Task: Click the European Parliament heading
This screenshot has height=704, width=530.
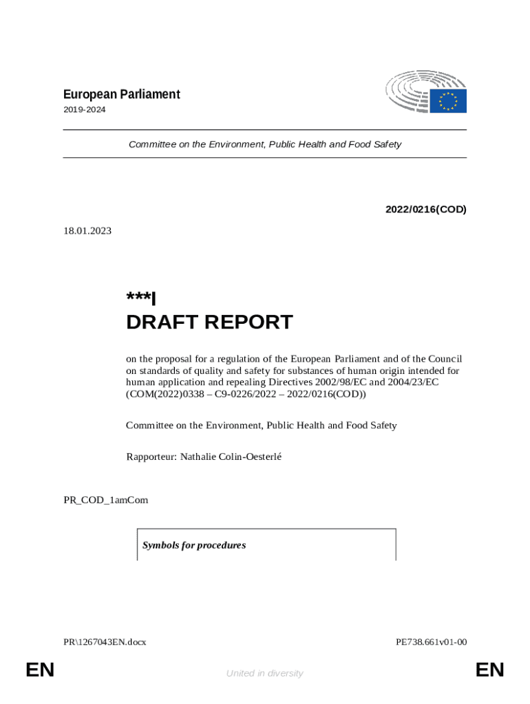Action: [x=122, y=94]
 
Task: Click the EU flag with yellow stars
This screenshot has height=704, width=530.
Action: [x=448, y=101]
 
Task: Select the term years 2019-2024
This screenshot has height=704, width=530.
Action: [x=85, y=109]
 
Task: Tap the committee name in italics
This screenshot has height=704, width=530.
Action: [x=264, y=144]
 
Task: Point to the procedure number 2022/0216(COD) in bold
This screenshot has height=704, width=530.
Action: [x=425, y=209]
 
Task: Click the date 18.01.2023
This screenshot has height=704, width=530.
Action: [x=87, y=231]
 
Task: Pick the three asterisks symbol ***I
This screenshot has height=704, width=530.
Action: [x=141, y=298]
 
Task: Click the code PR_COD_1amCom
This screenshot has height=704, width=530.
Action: [x=105, y=500]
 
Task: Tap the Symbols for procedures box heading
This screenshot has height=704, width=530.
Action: [x=194, y=545]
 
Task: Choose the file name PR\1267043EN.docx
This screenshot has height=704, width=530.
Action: [x=105, y=642]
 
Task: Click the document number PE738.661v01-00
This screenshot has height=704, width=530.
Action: [x=431, y=642]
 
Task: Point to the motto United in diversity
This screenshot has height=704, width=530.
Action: [x=264, y=673]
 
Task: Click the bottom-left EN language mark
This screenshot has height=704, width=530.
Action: [x=40, y=670]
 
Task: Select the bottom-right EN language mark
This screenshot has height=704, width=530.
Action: [x=489, y=670]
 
